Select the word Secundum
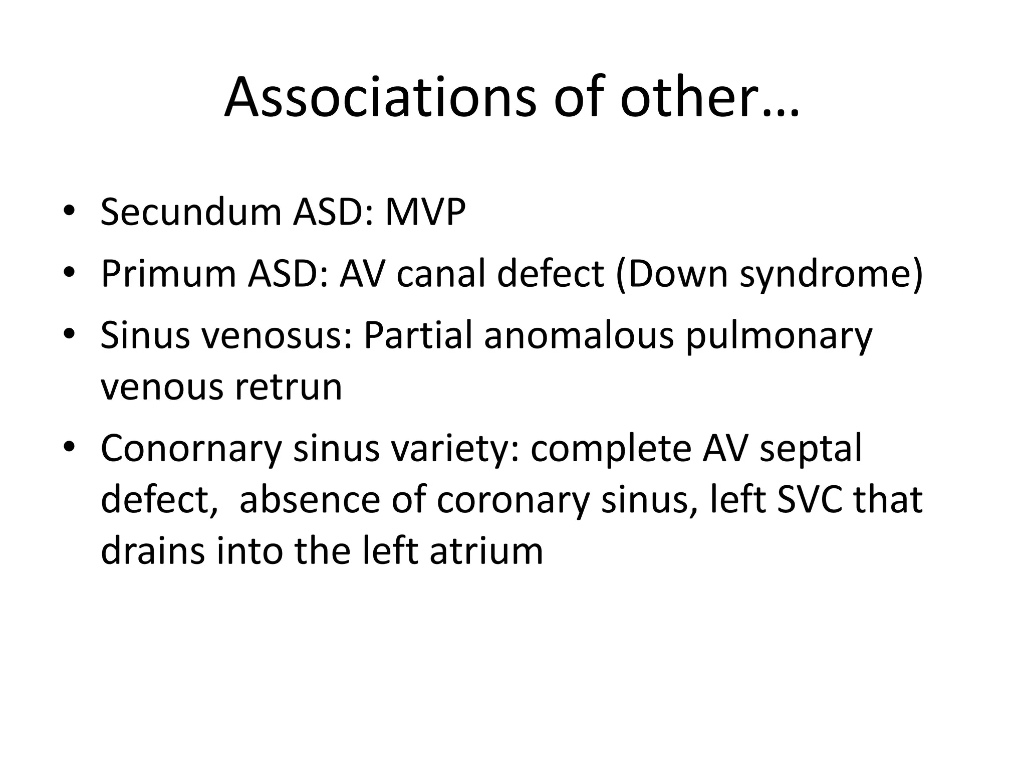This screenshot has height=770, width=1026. [191, 213]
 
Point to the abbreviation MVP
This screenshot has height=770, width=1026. [425, 213]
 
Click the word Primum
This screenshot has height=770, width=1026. [168, 274]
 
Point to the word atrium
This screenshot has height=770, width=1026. [486, 550]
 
